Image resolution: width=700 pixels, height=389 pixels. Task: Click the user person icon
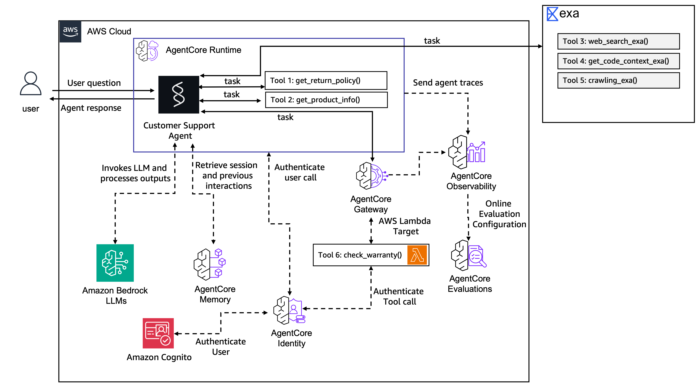(31, 83)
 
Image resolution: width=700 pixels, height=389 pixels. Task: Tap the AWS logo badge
(70, 32)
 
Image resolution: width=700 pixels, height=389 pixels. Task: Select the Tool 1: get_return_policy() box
(326, 80)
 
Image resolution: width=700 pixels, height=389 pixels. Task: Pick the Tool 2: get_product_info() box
(326, 100)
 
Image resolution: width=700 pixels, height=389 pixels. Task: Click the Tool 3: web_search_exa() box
(618, 41)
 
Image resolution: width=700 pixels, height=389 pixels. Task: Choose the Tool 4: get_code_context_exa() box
(618, 61)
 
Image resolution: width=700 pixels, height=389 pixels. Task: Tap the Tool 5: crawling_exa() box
(618, 80)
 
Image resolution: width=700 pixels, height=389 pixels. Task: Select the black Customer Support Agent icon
(179, 95)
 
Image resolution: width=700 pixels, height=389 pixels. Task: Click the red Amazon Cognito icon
(158, 333)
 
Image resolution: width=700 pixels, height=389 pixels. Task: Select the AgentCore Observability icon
(467, 152)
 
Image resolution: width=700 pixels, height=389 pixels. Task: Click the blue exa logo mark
(552, 14)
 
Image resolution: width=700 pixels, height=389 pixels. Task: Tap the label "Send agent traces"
(448, 83)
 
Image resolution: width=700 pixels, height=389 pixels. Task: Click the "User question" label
(94, 83)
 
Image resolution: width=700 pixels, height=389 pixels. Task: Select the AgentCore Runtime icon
(147, 51)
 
